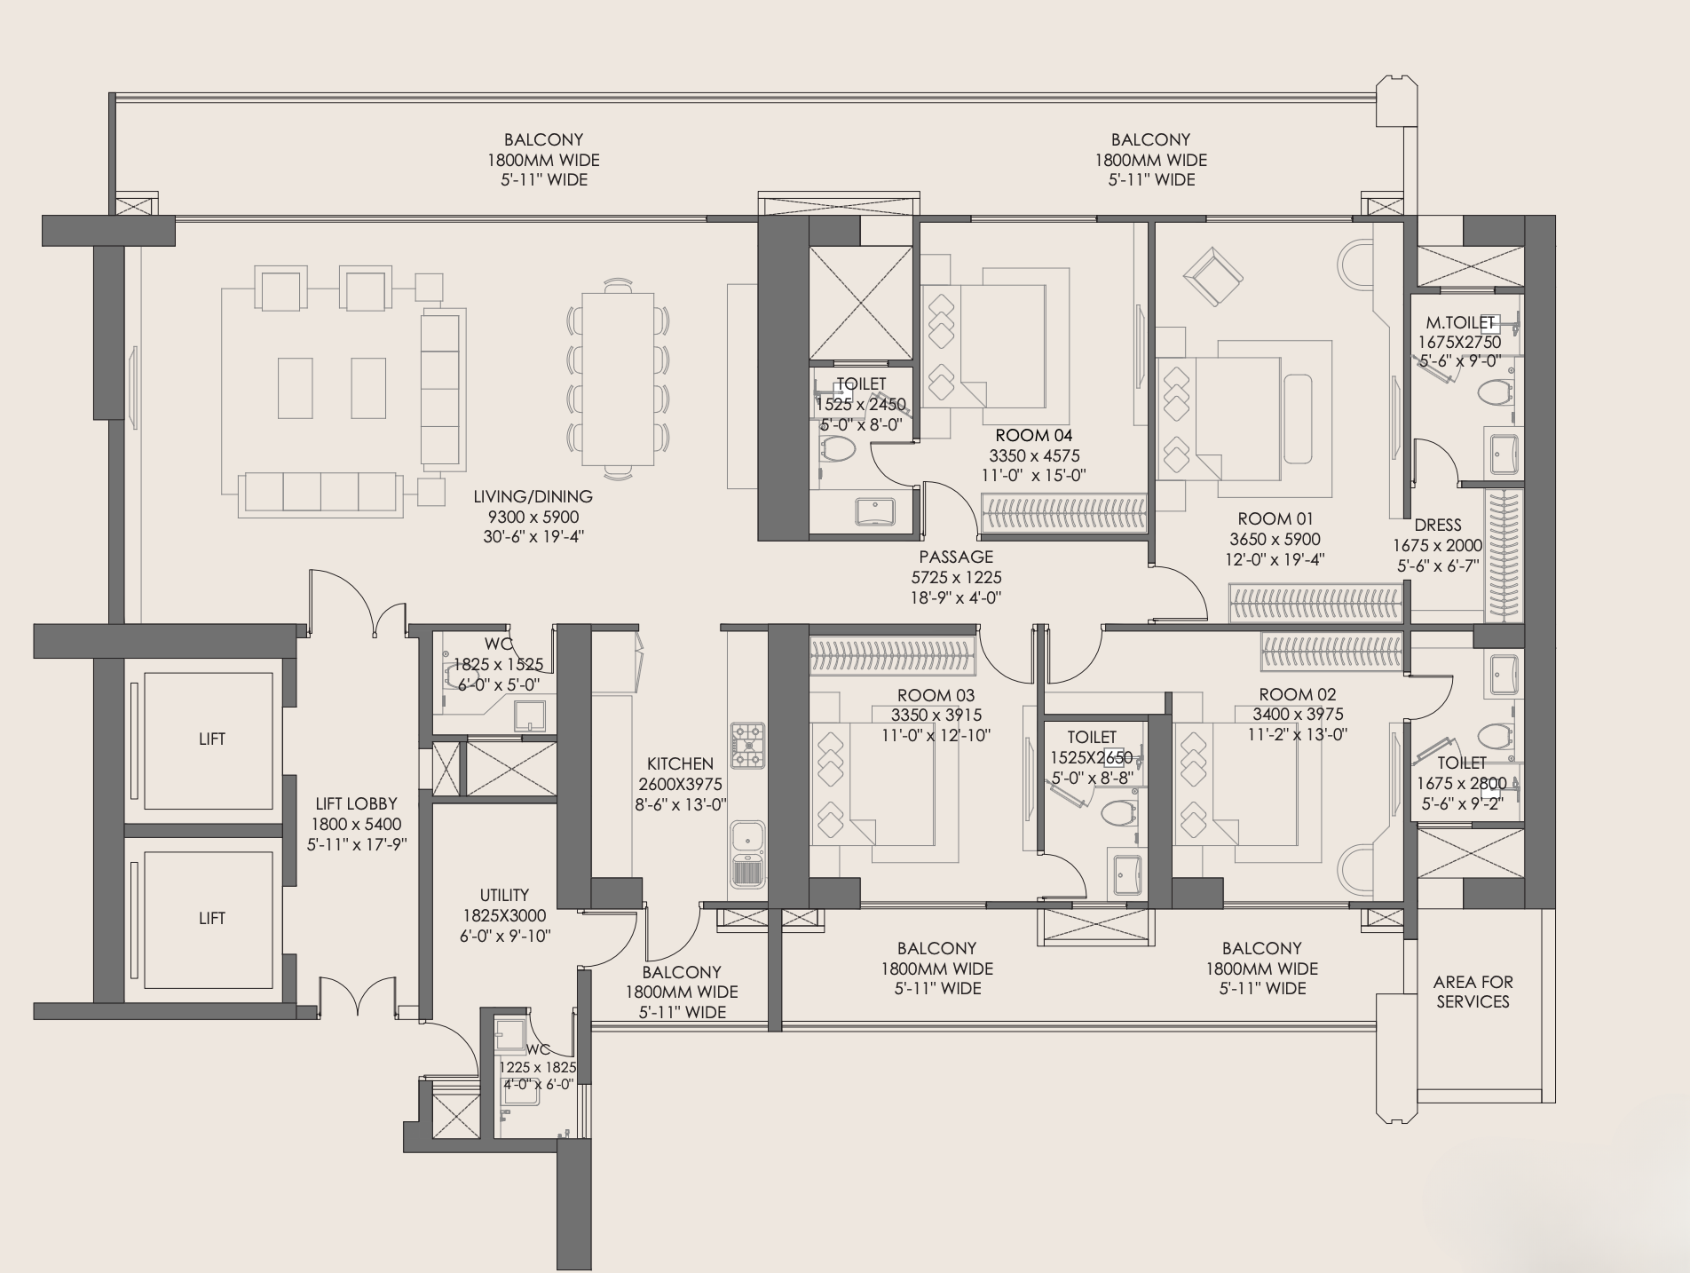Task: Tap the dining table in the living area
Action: (x=617, y=379)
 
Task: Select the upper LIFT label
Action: (x=212, y=739)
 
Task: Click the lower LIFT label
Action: (x=212, y=918)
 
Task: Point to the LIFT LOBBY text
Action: (x=356, y=804)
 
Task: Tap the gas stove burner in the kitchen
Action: (x=747, y=745)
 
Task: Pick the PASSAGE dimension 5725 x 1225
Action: (x=956, y=578)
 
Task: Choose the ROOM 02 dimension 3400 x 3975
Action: (x=1297, y=714)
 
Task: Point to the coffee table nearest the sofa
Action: (x=368, y=388)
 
